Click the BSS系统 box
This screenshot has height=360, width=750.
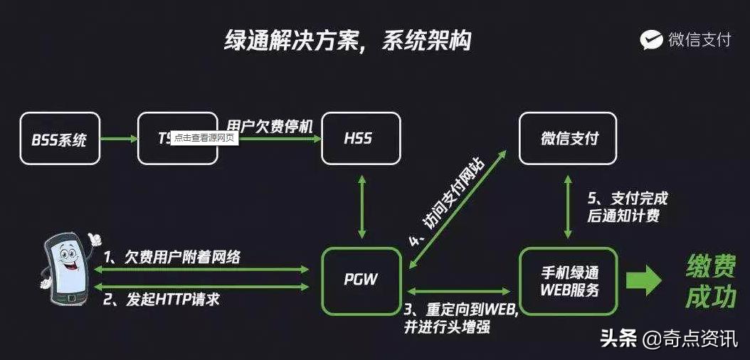click(x=59, y=139)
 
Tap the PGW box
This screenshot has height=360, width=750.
click(x=360, y=280)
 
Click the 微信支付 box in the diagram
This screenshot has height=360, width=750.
click(x=568, y=139)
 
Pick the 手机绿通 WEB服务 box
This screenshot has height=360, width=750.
click(x=568, y=280)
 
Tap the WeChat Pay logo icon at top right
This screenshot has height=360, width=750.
click(x=651, y=40)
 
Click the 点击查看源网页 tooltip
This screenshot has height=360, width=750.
click(x=202, y=138)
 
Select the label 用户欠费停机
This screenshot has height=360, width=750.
click(x=270, y=125)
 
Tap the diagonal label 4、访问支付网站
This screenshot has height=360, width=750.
click(x=446, y=203)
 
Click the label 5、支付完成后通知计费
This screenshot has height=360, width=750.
click(x=625, y=206)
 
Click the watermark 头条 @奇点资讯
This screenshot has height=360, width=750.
click(x=668, y=339)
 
